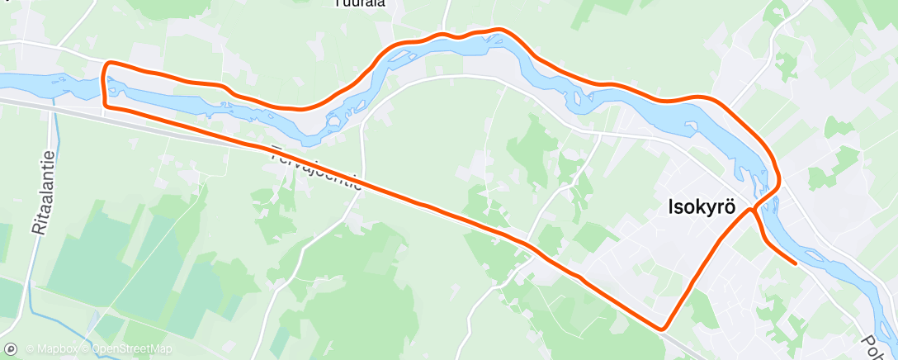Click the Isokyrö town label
point(701,208)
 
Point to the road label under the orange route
point(316,168)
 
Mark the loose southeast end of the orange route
point(795,263)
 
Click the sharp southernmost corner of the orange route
point(662,328)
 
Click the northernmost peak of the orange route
point(498,30)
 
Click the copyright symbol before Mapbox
point(30,349)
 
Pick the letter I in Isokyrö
point(670,208)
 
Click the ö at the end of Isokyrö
point(730,208)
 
